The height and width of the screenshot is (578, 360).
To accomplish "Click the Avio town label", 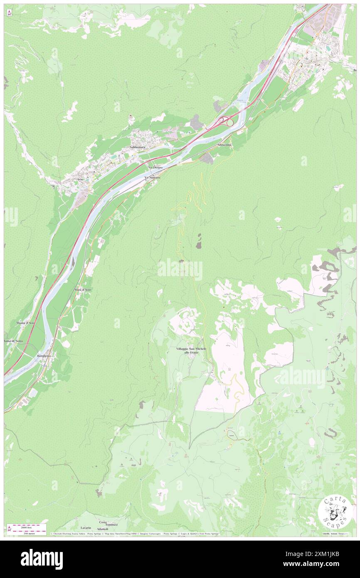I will tap(80, 179).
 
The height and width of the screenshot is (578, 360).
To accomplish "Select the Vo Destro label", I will tap(155, 167).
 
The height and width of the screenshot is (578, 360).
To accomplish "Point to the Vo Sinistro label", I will tap(152, 178).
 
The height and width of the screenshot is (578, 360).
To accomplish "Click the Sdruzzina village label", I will tap(224, 144).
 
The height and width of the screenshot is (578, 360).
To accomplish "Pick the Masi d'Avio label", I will tap(82, 289).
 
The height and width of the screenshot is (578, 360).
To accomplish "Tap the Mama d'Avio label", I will tap(25, 323).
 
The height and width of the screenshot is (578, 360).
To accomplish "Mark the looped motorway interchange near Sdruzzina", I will tap(226, 122).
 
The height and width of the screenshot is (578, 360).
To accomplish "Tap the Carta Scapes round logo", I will tap(335, 511).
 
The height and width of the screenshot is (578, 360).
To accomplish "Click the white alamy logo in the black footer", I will tap(42, 559).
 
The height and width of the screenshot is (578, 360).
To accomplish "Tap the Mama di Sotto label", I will tap(13, 341).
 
